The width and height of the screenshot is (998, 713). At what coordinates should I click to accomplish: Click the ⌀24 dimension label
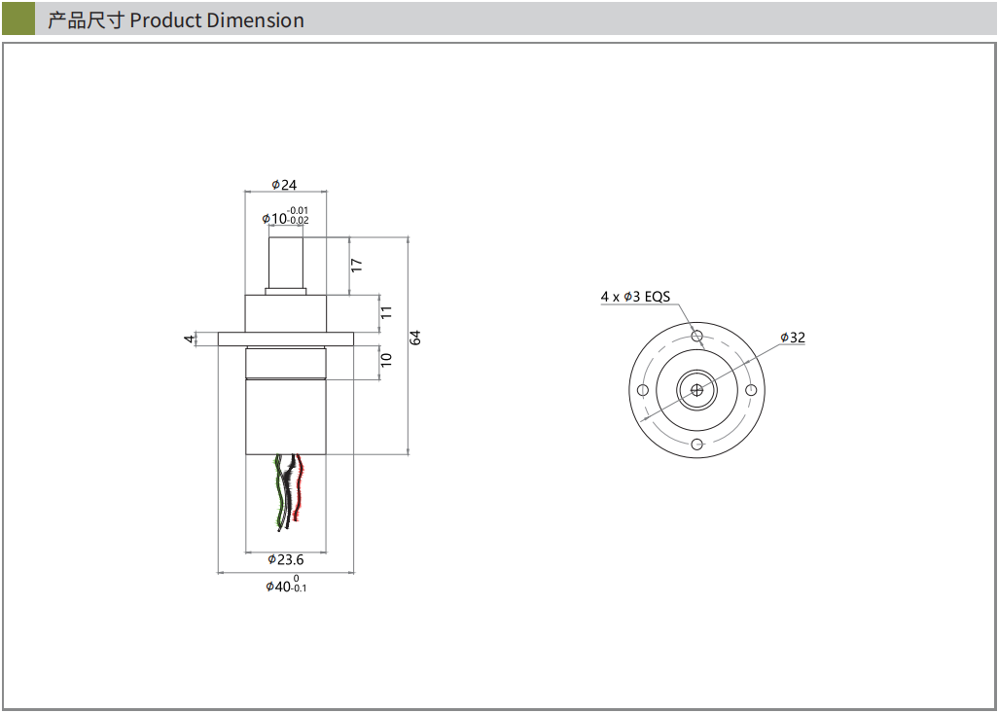(284, 184)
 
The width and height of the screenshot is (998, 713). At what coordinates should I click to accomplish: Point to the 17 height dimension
(357, 264)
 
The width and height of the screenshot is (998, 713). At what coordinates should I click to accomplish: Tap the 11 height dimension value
(386, 312)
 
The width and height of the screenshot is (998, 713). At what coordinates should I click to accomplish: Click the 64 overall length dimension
(415, 338)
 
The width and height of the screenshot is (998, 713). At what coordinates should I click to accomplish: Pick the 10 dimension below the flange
(386, 359)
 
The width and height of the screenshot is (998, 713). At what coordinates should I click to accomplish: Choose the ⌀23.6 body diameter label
(286, 559)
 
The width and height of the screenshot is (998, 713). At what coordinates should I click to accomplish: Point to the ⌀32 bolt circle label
(793, 338)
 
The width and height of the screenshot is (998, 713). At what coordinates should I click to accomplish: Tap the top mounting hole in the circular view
(696, 336)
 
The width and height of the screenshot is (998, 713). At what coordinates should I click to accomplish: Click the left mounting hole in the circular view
(642, 390)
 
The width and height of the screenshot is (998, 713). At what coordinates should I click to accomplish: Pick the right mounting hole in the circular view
(751, 390)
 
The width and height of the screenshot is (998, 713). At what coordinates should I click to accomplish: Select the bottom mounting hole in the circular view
(696, 445)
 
